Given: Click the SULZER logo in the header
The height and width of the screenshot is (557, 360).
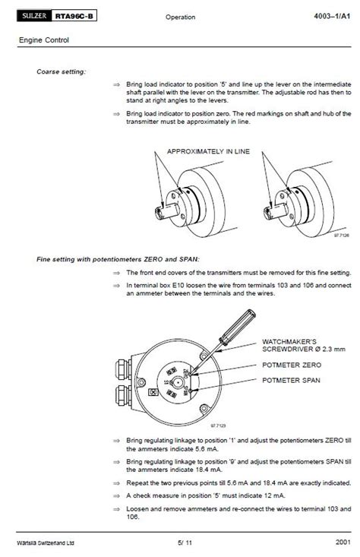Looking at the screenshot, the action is (x=34, y=16).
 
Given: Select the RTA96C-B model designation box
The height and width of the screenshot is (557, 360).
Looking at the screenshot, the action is (x=74, y=16).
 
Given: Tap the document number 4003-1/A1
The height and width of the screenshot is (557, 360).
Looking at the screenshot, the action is (x=332, y=16).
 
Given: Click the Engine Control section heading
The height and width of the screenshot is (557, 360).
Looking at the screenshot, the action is (x=43, y=40).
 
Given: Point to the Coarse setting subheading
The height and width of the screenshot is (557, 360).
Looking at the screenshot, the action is (x=61, y=71).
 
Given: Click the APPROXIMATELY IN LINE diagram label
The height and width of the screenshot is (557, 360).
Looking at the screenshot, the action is (x=208, y=151).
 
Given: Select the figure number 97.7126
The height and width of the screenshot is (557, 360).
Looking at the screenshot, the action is (x=341, y=235).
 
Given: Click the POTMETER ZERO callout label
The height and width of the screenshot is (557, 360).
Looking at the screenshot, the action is (x=292, y=365).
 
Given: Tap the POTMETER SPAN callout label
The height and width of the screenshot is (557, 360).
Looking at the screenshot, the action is (x=291, y=380).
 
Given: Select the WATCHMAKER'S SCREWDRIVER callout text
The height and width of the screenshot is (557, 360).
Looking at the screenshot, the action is (x=304, y=345).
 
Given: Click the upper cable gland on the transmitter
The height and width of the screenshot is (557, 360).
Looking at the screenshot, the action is (x=122, y=369).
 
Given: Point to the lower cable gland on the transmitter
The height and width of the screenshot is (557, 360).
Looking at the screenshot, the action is (x=122, y=395).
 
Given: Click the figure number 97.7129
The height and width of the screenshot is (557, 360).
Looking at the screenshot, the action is (x=218, y=426).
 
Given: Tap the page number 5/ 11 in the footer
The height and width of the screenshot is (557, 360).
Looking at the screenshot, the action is (x=185, y=543).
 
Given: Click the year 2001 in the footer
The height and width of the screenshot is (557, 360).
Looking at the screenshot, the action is (x=343, y=542).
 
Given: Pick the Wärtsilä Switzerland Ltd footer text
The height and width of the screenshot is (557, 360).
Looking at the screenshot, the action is (x=46, y=543).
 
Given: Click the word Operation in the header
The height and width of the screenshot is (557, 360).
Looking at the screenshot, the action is (x=180, y=17).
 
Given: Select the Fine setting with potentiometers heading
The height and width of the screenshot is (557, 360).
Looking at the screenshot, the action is (x=118, y=259).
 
